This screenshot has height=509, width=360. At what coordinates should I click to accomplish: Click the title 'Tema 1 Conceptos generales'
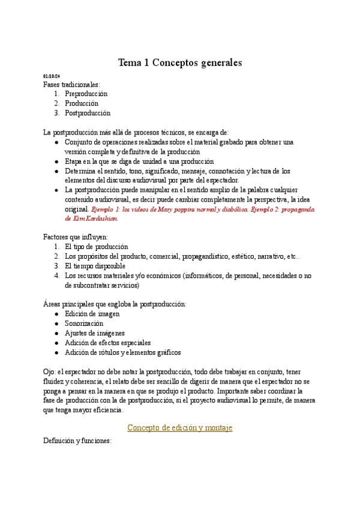pyautogui.click(x=179, y=62)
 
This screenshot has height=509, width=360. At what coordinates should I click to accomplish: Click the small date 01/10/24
pyautogui.click(x=52, y=76)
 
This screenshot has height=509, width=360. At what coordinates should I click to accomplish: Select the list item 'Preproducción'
pyautogui.click(x=86, y=94)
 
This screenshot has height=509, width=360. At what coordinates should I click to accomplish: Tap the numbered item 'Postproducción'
pyautogui.click(x=88, y=113)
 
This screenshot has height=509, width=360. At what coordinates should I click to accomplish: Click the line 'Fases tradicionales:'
pyautogui.click(x=72, y=85)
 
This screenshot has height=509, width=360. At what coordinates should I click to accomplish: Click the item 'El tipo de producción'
pyautogui.click(x=97, y=247)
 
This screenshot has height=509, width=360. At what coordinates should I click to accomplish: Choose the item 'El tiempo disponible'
pyautogui.click(x=95, y=266)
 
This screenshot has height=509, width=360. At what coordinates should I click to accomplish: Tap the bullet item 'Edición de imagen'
pyautogui.click(x=92, y=314)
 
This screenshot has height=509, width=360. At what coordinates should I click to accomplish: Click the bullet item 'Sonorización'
pyautogui.click(x=84, y=324)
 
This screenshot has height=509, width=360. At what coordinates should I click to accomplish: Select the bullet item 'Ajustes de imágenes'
pyautogui.click(x=94, y=333)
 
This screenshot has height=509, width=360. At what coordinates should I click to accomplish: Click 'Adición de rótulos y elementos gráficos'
pyautogui.click(x=122, y=352)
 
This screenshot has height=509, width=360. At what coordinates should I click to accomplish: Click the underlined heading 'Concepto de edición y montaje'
pyautogui.click(x=179, y=427)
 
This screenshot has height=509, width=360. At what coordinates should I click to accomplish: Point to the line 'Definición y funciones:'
pyautogui.click(x=77, y=441)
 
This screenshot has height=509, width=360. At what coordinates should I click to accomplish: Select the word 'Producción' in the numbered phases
pyautogui.click(x=82, y=103)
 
